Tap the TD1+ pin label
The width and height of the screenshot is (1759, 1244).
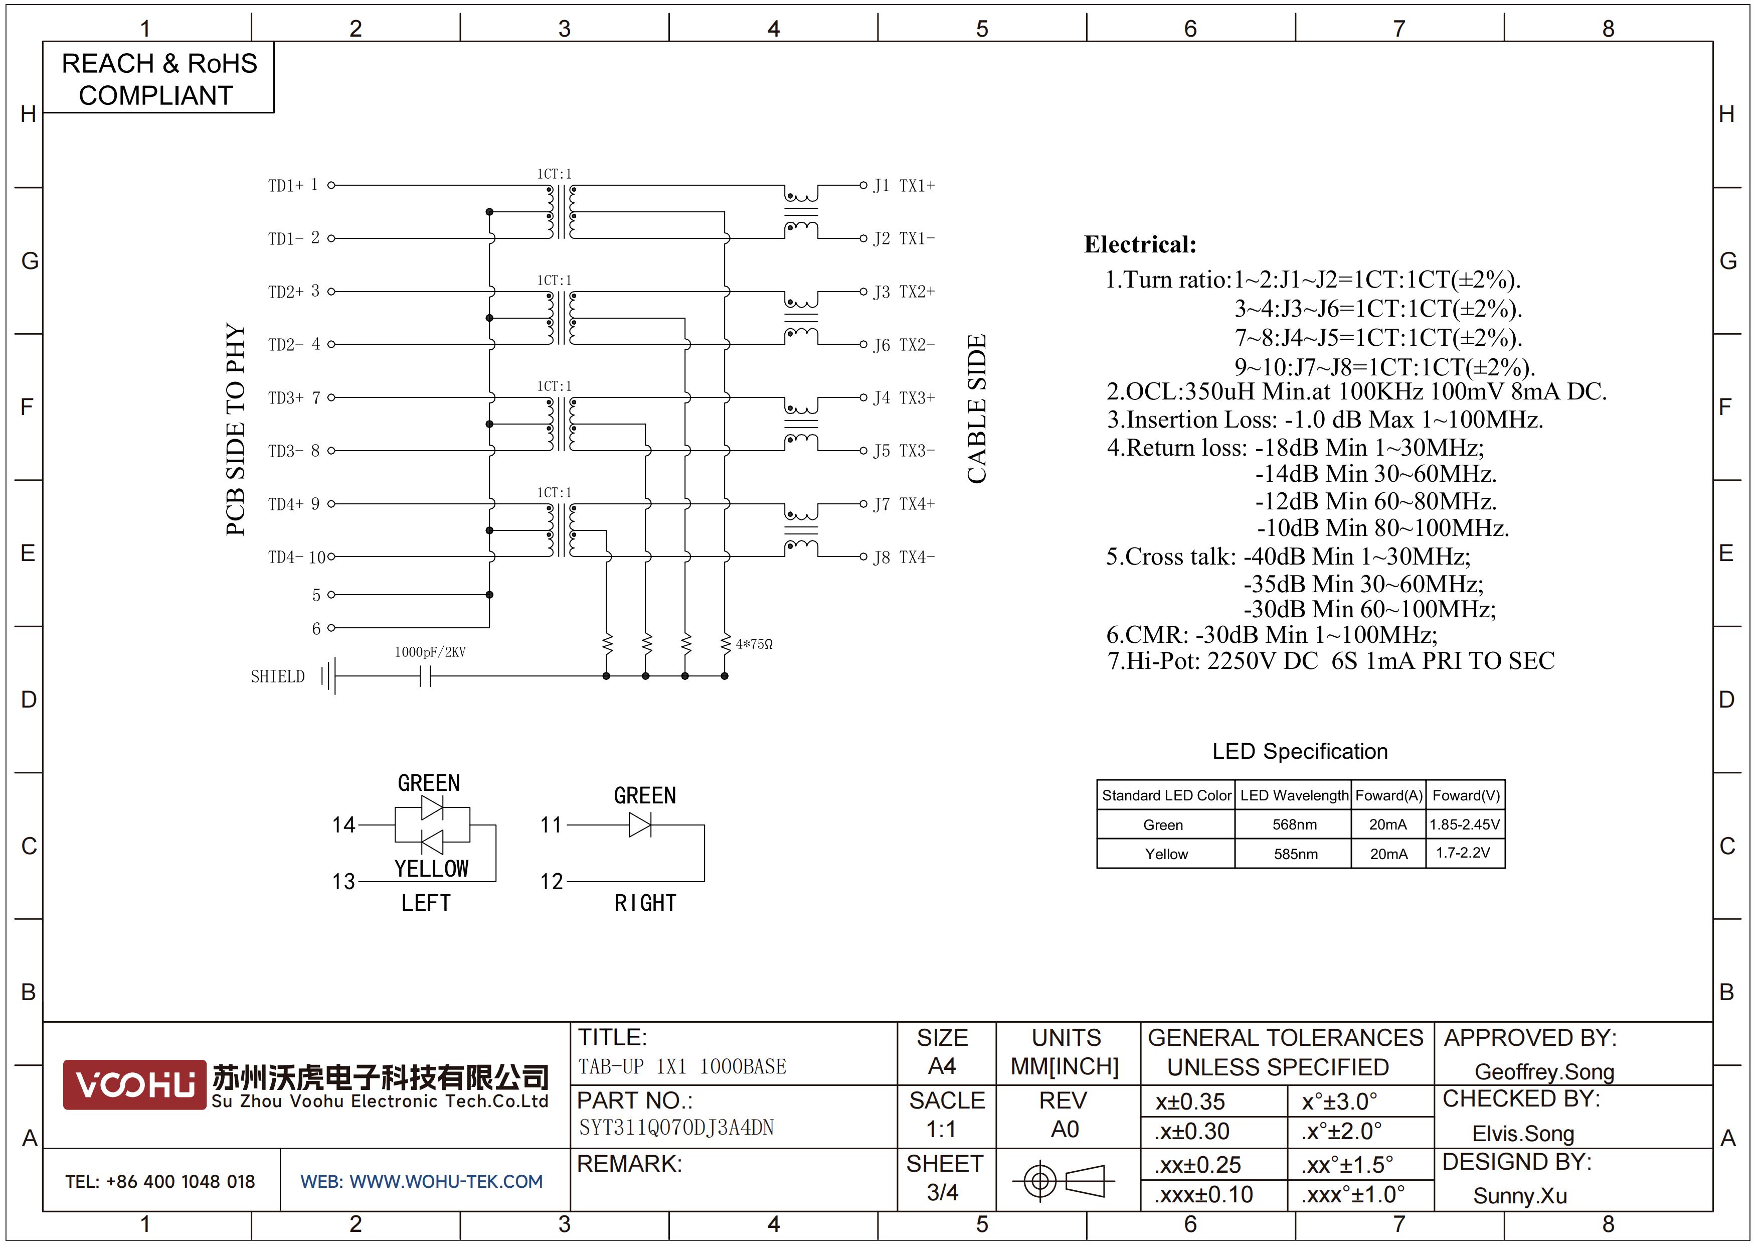coord(286,186)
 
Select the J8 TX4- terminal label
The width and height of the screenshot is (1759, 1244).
coord(904,557)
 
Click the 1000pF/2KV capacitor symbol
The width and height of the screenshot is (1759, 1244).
coord(426,676)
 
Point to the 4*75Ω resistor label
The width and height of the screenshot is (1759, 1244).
coord(754,644)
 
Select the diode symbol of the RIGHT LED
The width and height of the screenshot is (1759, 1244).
coord(640,825)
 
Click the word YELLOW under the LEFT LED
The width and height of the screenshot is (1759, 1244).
coord(431,869)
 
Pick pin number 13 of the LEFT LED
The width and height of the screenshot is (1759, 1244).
coord(343,882)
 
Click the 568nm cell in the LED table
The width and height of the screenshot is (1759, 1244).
coord(1294,825)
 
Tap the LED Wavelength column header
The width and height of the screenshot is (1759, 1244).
coord(1294,795)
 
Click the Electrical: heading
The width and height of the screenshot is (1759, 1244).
coord(1140,244)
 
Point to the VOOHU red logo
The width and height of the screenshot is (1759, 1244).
coord(135,1084)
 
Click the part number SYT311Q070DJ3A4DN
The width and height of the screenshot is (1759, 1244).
coord(676,1128)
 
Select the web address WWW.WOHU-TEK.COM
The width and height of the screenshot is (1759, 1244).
coord(446,1181)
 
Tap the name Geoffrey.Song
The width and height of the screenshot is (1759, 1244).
coord(1544,1071)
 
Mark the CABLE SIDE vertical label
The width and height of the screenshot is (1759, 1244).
coord(977,409)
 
